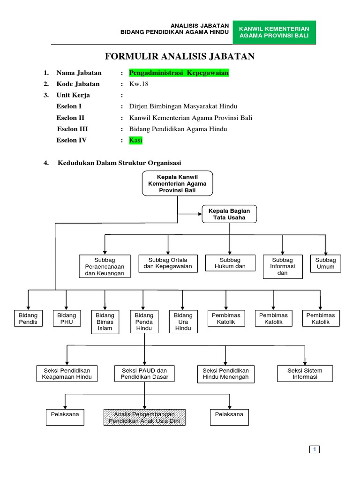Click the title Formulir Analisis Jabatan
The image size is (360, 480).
click(179, 57)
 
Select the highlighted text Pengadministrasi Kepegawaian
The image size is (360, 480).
click(179, 73)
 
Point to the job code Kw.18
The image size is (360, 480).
click(138, 84)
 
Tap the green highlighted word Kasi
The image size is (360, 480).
click(135, 140)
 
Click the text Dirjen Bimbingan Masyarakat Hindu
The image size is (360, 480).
click(183, 106)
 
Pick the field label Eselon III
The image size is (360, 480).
click(72, 129)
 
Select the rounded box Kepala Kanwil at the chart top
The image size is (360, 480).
click(177, 183)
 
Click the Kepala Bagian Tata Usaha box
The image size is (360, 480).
click(229, 214)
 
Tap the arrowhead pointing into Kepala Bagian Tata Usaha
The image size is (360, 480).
click(199, 214)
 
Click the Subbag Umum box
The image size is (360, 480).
click(325, 263)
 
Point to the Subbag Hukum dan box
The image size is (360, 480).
click(230, 263)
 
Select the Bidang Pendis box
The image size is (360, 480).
click(28, 318)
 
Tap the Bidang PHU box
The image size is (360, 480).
click(67, 318)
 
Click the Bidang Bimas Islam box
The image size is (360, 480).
click(105, 322)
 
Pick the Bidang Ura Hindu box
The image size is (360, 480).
click(183, 322)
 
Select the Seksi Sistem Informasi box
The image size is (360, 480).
click(305, 374)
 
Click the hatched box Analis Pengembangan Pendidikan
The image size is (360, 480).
click(144, 418)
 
